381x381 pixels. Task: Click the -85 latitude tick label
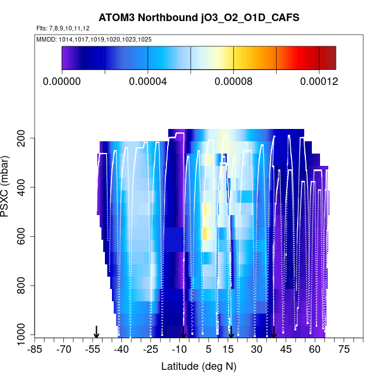click(35, 350)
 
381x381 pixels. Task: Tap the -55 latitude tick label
click(92, 350)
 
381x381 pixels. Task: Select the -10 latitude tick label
click(179, 350)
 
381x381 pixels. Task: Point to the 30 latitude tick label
click(256, 350)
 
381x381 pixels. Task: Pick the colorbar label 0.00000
click(62, 81)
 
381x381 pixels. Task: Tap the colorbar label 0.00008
click(233, 81)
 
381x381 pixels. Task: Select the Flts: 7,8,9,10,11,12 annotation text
click(63, 29)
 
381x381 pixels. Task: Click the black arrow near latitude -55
click(97, 332)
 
